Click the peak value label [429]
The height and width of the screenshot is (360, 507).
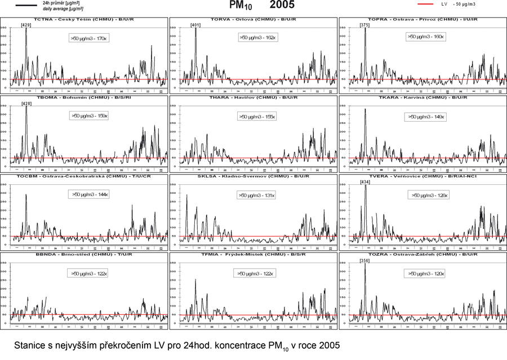pos(25,25)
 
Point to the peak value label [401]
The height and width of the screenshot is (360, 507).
pos(195,25)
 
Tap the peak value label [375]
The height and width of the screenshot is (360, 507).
pos(364,25)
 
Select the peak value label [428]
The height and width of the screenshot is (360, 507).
pos(26,104)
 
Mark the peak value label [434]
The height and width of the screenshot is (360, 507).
pos(364,182)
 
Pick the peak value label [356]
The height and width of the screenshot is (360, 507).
pos(364,260)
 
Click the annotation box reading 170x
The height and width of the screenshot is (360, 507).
pos(88,38)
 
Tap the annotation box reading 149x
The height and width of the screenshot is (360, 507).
pos(426,117)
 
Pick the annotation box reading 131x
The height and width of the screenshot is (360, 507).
pos(257,195)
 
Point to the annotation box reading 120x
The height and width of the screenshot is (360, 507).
pos(426,273)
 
